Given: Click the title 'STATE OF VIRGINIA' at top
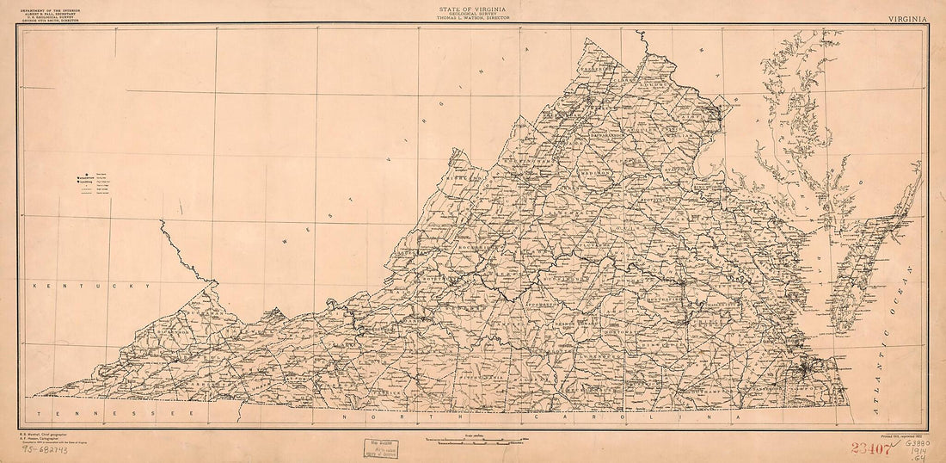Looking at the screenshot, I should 473,7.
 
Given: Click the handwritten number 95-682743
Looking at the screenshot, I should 46,449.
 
